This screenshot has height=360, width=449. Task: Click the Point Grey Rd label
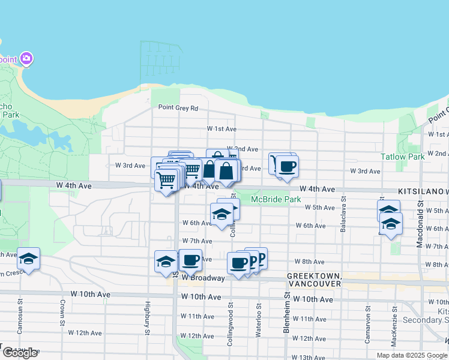[x=178, y=108]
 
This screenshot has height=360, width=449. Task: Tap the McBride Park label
[x=276, y=199]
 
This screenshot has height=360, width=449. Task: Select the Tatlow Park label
[x=402, y=157]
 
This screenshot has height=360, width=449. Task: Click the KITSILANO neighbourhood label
[x=422, y=190]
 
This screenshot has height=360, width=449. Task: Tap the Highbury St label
[x=146, y=318]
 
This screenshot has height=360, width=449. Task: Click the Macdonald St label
[x=420, y=228]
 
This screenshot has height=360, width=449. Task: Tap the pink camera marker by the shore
[x=26, y=59]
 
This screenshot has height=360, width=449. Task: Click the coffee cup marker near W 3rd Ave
[x=287, y=166]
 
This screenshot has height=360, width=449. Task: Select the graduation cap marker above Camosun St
[x=28, y=259]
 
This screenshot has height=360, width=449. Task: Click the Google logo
[x=20, y=352]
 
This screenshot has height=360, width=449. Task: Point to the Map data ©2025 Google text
[x=411, y=355]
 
